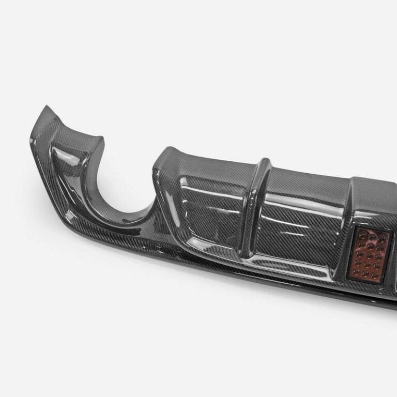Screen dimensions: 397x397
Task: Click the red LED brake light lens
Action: pos(369,254)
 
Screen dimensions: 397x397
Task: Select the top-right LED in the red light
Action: pos(382,238)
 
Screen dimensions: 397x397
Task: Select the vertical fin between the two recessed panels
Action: pos(255,207)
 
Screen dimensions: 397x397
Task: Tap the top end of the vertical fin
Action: pos(264,162)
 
